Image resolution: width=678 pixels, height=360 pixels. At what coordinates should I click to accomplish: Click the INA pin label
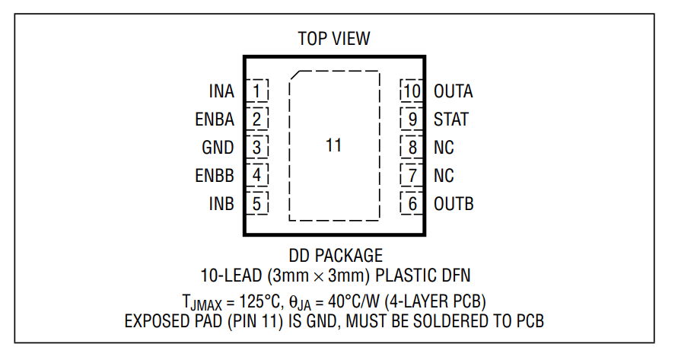click(221, 91)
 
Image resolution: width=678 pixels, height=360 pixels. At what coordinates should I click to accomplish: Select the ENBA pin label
click(215, 119)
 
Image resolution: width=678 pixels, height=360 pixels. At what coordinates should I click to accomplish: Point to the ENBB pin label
click(215, 176)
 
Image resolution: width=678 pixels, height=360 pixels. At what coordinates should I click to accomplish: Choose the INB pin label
click(221, 204)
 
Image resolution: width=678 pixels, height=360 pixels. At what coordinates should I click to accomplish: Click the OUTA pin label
click(454, 91)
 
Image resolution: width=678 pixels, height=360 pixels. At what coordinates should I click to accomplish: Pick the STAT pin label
click(451, 119)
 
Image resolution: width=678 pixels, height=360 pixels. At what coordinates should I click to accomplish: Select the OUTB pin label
click(454, 204)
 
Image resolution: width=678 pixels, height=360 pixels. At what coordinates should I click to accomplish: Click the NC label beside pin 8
click(444, 148)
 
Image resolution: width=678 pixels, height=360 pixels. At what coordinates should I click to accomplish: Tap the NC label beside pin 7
click(444, 176)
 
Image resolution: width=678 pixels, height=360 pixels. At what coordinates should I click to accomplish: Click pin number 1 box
click(257, 91)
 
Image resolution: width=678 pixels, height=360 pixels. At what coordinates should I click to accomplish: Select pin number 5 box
click(257, 204)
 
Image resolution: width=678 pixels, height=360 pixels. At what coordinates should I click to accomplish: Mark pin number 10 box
click(412, 91)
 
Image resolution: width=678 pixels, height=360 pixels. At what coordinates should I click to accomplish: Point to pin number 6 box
click(412, 204)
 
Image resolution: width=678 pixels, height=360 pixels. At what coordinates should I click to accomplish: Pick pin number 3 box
click(257, 148)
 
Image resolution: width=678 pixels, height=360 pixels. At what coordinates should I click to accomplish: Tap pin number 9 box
click(412, 119)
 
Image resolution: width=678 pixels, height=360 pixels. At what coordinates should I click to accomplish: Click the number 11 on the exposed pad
click(333, 145)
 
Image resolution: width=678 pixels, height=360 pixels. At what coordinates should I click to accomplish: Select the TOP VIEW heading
click(334, 38)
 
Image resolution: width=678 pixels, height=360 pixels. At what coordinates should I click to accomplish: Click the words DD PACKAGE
click(335, 255)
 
